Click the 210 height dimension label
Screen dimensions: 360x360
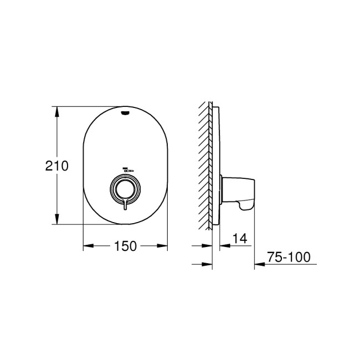(x=58, y=166)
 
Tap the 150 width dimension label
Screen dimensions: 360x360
(x=126, y=246)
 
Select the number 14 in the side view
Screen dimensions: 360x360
(x=239, y=239)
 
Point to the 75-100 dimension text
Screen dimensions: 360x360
(x=288, y=258)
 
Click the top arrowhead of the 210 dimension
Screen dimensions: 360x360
(x=57, y=109)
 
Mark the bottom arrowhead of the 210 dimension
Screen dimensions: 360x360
(x=57, y=221)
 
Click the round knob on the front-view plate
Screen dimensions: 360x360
(x=126, y=189)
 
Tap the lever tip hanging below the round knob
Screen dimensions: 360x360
(x=127, y=207)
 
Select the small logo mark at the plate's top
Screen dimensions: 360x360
(x=126, y=114)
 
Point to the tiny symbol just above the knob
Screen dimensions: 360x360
(x=126, y=170)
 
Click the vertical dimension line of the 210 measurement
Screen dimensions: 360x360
(x=57, y=138)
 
